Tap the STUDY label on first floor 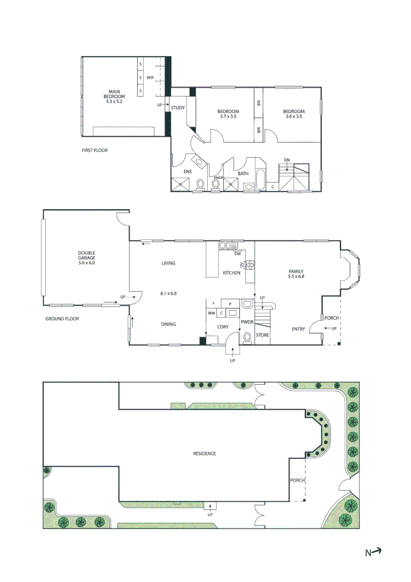[x=178, y=108]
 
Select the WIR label [x=150, y=78]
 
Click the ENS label [x=187, y=172]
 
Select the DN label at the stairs [x=287, y=160]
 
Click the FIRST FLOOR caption [x=94, y=150]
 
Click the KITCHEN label [x=232, y=273]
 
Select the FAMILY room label [x=296, y=272]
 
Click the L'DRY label [x=222, y=328]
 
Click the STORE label [x=262, y=335]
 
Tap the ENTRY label [x=298, y=329]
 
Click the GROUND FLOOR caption [x=62, y=319]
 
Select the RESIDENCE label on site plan [x=205, y=454]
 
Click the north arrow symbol [x=376, y=551]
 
